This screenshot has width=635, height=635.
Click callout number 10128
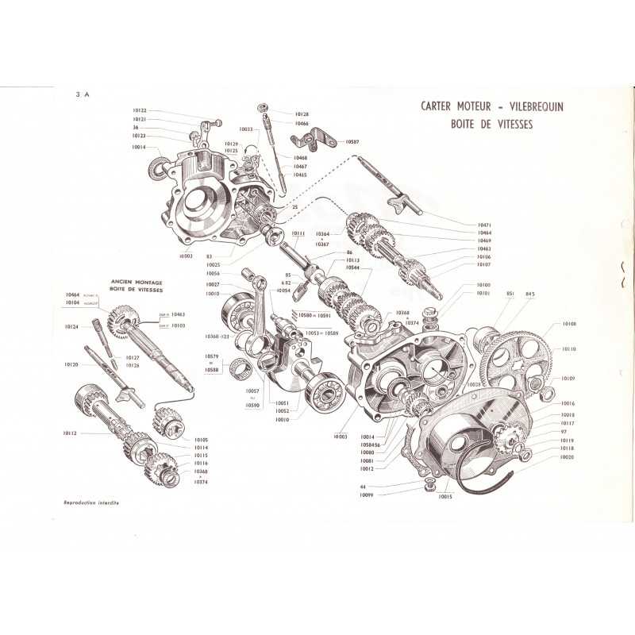tap(302, 114)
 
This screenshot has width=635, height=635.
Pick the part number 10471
tap(485, 225)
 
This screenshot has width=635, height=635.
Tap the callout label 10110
tap(568, 349)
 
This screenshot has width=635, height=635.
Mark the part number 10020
tap(568, 457)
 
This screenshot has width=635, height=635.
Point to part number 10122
tap(140, 110)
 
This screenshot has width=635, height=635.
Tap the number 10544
tap(352, 268)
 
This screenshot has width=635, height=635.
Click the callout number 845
tap(530, 294)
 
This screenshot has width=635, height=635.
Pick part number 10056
tap(211, 274)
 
